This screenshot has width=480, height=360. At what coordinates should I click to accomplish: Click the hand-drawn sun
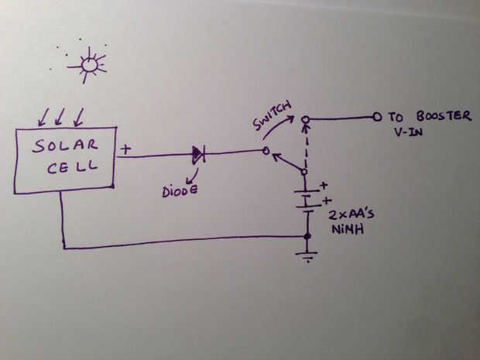click(90, 65)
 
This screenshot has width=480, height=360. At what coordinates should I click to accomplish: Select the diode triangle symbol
click(198, 155)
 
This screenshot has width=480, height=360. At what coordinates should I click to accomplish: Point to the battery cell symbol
click(307, 199)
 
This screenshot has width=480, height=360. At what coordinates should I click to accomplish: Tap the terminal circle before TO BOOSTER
click(377, 118)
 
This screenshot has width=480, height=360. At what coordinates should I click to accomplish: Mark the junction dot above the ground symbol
click(308, 236)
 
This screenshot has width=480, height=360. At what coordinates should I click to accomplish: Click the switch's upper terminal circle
click(307, 119)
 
